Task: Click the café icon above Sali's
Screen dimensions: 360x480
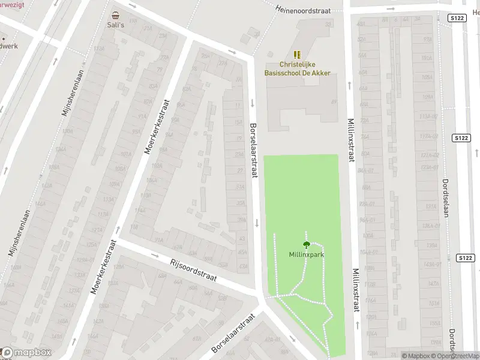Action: coord(115,15)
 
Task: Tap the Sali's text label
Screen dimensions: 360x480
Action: coord(115,25)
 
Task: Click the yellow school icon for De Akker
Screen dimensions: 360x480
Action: coord(298,55)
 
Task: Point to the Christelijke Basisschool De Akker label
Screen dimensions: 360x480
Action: coord(298,68)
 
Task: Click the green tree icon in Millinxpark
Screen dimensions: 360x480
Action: coord(307,244)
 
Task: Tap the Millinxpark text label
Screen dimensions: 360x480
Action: coord(307,254)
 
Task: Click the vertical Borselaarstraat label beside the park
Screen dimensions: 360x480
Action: coord(254,150)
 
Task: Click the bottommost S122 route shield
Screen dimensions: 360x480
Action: coord(466,258)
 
